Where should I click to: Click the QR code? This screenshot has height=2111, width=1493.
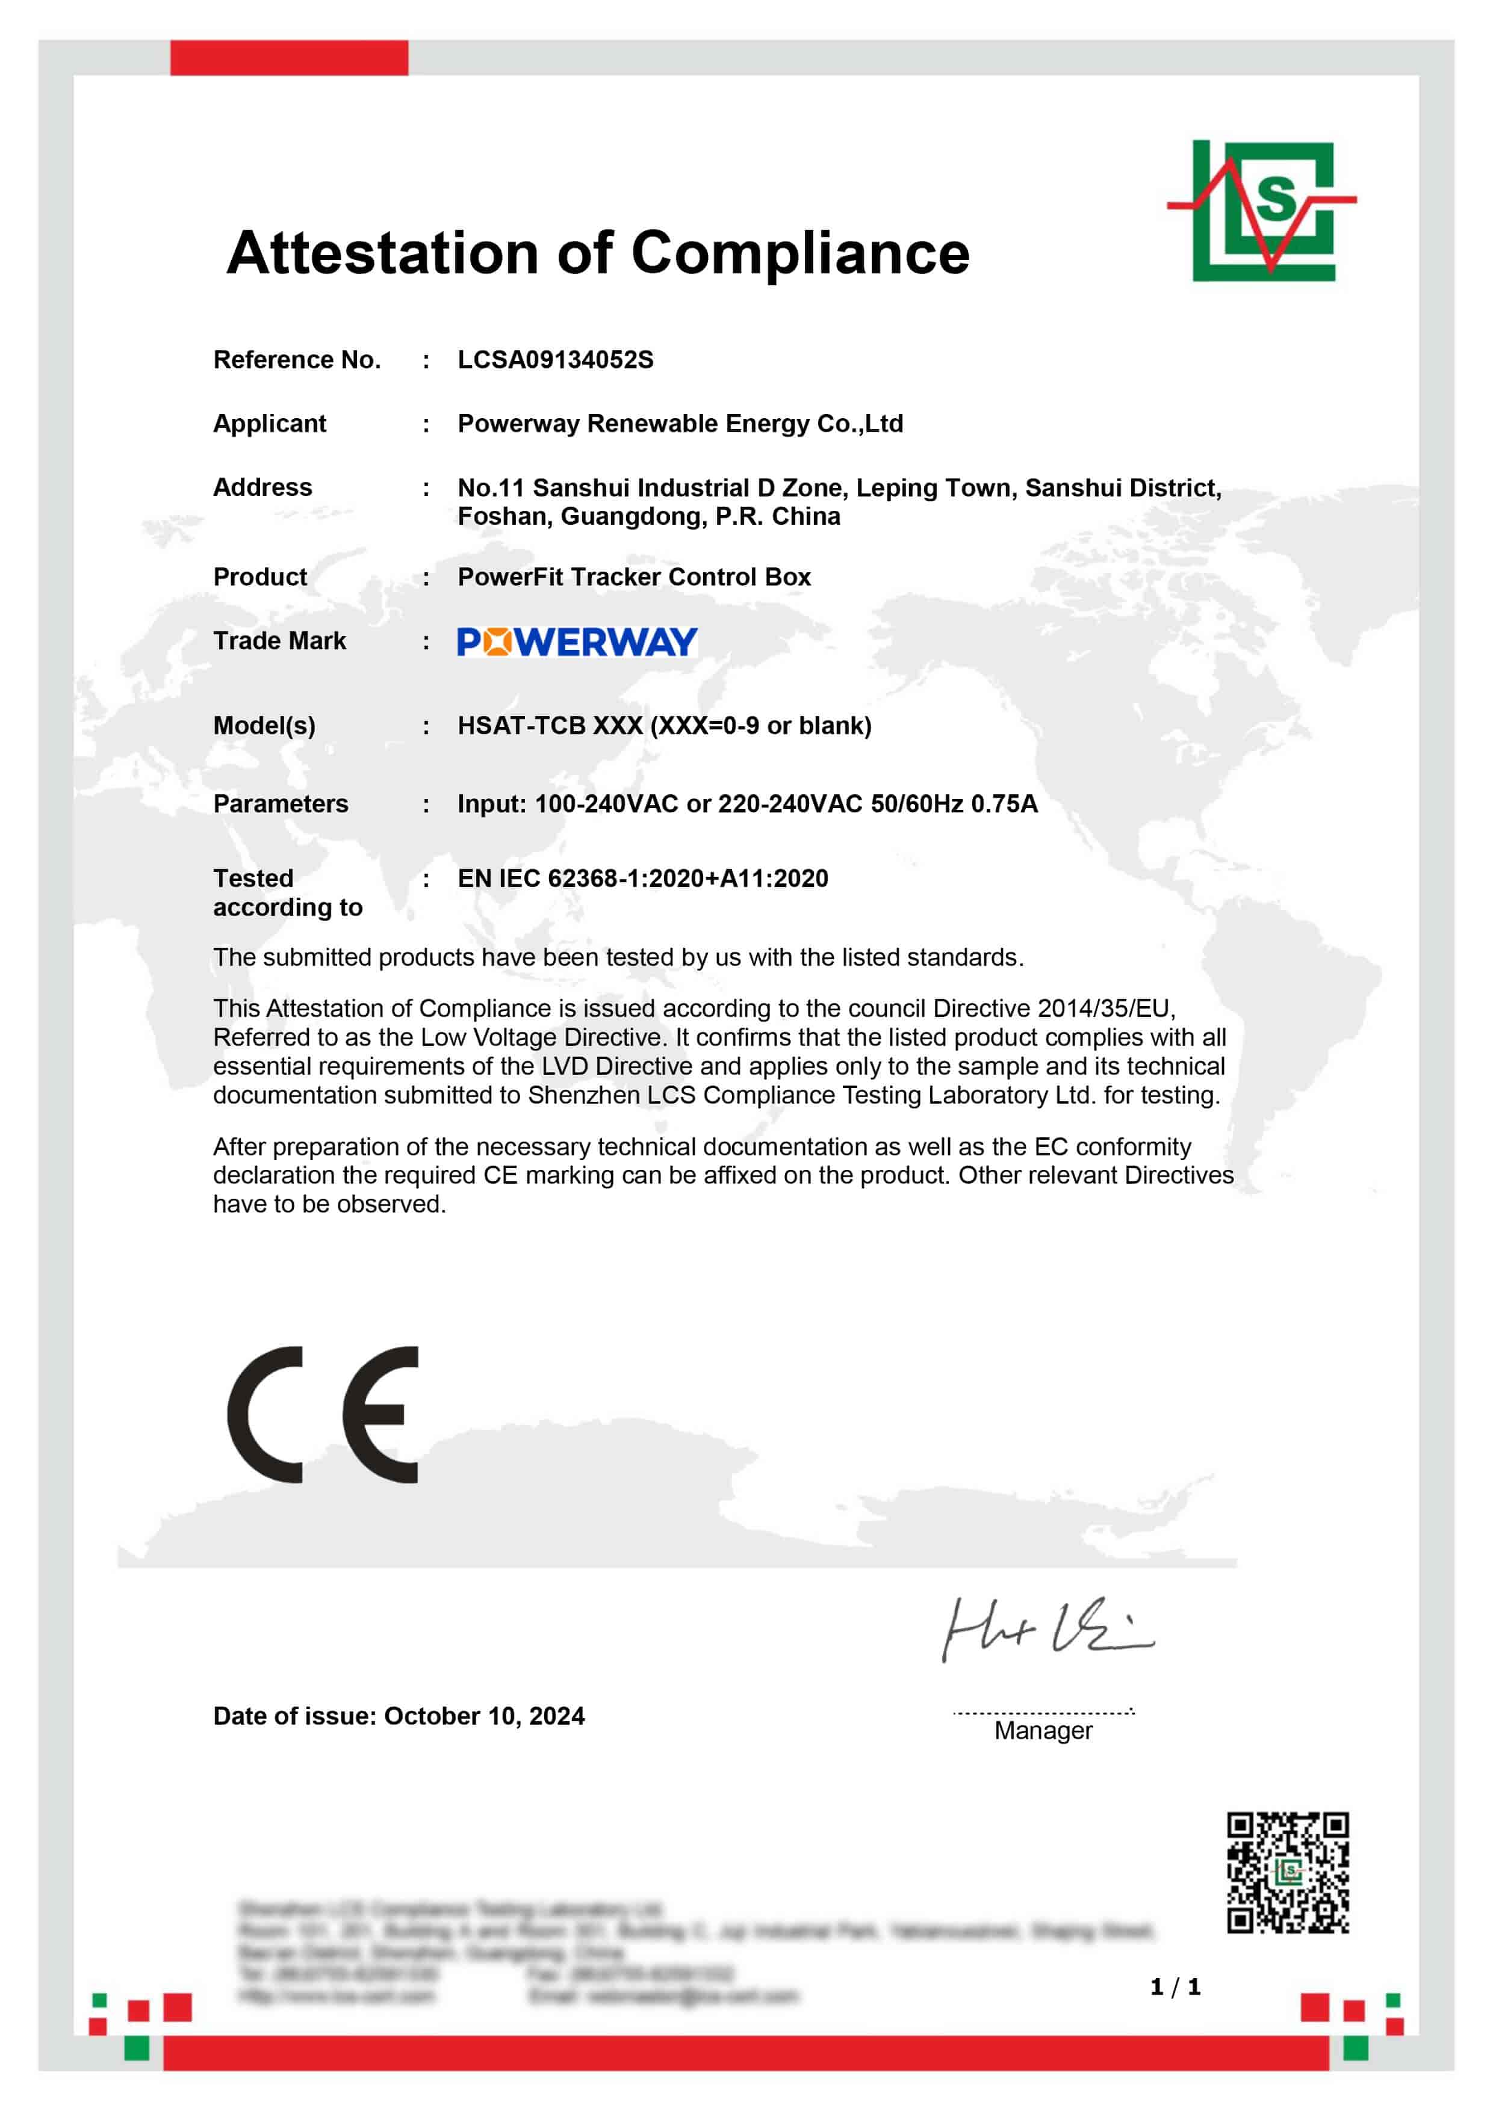pyautogui.click(x=1287, y=1873)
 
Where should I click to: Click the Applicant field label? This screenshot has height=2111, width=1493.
pyautogui.click(x=270, y=424)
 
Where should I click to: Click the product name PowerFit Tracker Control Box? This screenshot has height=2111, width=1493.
pyautogui.click(x=634, y=578)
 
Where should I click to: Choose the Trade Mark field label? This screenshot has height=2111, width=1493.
pyautogui.click(x=280, y=641)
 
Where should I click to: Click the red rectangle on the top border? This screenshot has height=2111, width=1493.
pyautogui.click(x=289, y=57)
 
